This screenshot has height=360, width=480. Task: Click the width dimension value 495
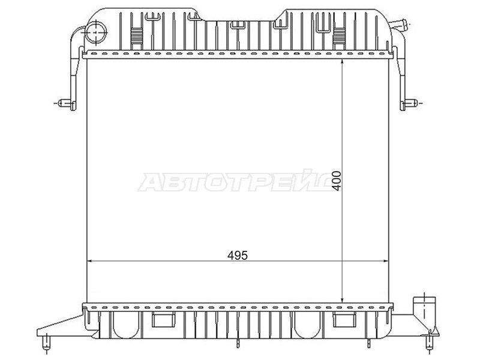[237, 256]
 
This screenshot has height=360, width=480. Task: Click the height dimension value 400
[337, 181]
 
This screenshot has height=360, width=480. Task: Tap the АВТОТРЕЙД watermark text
[236, 181]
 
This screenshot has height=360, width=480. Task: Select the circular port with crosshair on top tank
[96, 32]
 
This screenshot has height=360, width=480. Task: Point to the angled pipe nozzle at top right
[400, 24]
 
